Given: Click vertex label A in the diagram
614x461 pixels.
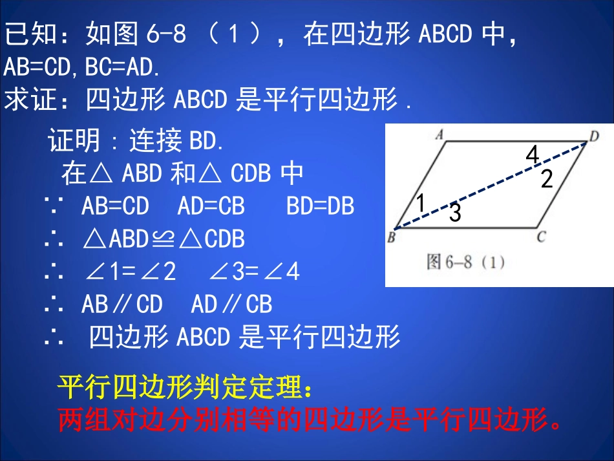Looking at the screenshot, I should [439, 134].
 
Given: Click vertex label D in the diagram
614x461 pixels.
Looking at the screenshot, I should [594, 135].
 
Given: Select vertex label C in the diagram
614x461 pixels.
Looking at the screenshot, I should [541, 237].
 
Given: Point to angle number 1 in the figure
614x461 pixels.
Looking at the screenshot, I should [420, 204].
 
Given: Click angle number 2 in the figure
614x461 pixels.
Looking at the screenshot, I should [547, 179].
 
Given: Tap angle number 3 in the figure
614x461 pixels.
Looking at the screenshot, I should [455, 213].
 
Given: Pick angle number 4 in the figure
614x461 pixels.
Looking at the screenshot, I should [532, 155].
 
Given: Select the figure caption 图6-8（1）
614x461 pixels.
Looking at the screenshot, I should [465, 262].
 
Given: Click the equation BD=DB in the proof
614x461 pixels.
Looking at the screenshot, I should [320, 206].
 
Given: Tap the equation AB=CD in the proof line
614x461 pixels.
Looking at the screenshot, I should [115, 206].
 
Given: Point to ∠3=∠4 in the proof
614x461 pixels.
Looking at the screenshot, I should [255, 272].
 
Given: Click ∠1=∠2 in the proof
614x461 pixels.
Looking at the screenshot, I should [130, 272].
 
